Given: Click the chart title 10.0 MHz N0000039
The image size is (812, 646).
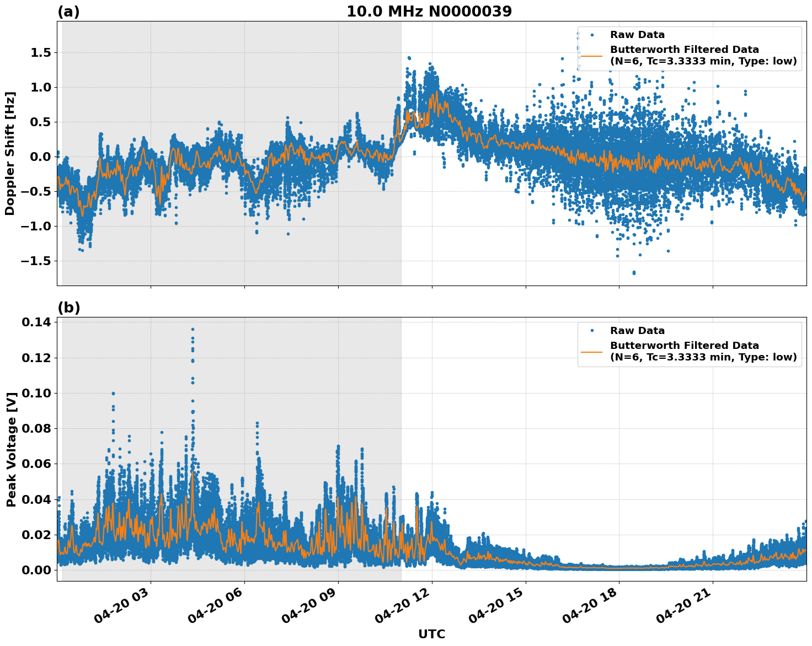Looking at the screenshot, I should point(429,12).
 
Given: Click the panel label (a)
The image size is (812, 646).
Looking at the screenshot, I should point(68,12).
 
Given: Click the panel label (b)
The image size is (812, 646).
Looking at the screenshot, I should point(68,308).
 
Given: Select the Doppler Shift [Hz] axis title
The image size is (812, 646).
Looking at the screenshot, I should point(10,153).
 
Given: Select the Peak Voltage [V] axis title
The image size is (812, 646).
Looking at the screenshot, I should point(11,449).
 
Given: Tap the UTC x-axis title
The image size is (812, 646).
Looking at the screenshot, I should point(431,634).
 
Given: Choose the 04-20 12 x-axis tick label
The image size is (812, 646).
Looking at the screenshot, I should point(404,608).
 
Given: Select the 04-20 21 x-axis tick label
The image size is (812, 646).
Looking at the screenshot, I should point(686,608).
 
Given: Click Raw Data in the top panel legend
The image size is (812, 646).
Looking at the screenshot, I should point(637,35).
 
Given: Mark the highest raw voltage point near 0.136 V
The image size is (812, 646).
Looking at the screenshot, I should point(193,329).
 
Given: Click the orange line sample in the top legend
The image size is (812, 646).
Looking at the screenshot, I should point(591,56).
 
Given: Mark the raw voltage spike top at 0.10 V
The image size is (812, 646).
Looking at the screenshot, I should point(113,394).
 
